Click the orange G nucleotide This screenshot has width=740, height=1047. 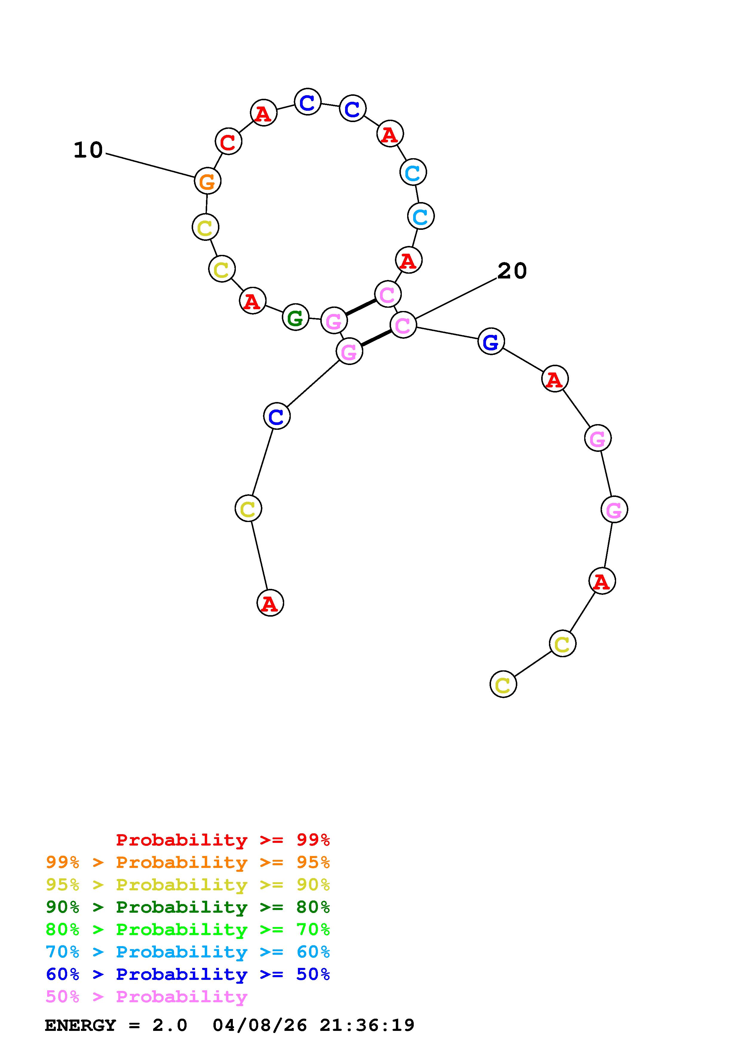tap(207, 181)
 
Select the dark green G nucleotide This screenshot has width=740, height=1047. tap(296, 317)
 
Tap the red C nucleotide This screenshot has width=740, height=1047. tap(228, 142)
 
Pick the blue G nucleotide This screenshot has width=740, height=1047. tap(491, 341)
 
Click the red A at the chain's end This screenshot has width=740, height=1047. tap(270, 603)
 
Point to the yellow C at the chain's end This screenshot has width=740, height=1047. tap(503, 684)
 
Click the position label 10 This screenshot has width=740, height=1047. tap(88, 150)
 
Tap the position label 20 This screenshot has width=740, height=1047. tap(512, 271)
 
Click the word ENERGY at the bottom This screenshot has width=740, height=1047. tap(80, 1025)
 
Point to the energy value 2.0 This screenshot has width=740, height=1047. tap(170, 1025)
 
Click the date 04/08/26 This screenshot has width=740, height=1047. tap(259, 1025)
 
